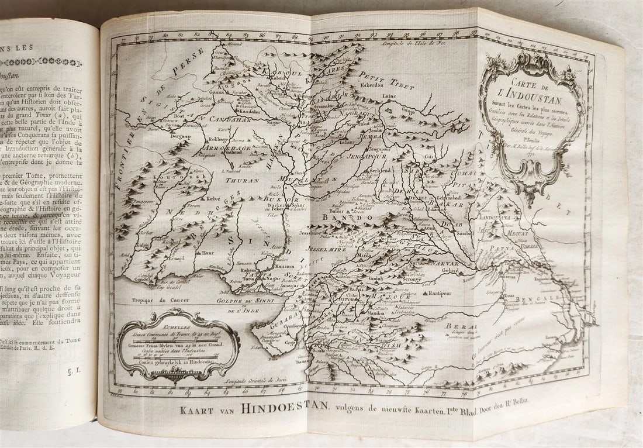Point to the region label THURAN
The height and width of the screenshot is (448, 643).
(x=242, y=181)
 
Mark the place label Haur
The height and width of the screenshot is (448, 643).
(x=208, y=253)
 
